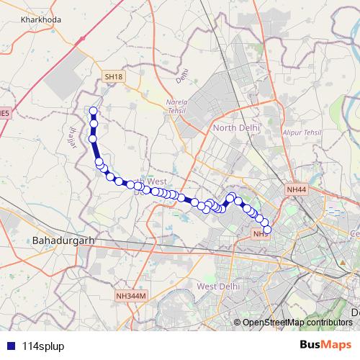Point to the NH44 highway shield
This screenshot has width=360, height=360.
296,189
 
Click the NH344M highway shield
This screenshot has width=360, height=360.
130,296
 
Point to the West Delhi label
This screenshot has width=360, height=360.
217,287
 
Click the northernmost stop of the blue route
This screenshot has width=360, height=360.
93,111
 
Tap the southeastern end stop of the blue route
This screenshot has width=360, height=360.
267,229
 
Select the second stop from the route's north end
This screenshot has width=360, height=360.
94,125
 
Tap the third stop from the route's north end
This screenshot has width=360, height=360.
93,138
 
